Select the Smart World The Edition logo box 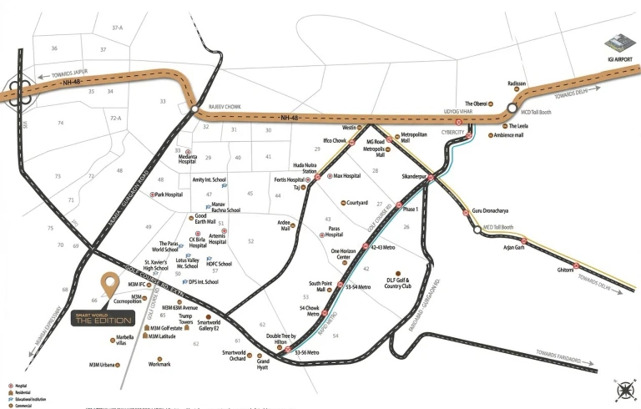pyautogui.click(x=106, y=319)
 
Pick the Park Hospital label pyautogui.click(x=169, y=194)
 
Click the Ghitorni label pyautogui.click(x=565, y=270)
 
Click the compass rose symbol pyautogui.click(x=623, y=390)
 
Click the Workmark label pyautogui.click(x=159, y=364)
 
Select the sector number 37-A pyautogui.click(x=117, y=28)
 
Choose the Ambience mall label pyautogui.click(x=532, y=135)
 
